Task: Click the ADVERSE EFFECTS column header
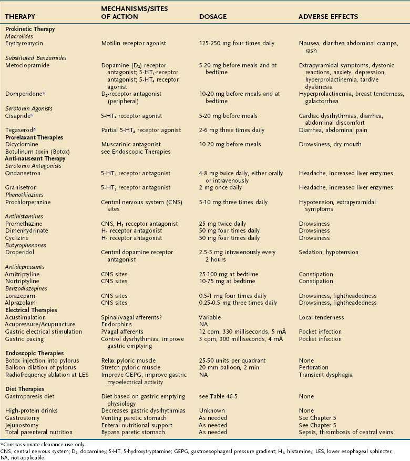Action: [x=328, y=17]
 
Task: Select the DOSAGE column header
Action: [x=213, y=17]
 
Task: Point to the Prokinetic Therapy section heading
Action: [x=30, y=29]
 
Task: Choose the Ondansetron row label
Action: [x=24, y=173]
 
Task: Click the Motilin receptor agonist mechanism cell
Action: [x=131, y=45]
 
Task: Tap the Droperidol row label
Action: [x=21, y=252]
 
